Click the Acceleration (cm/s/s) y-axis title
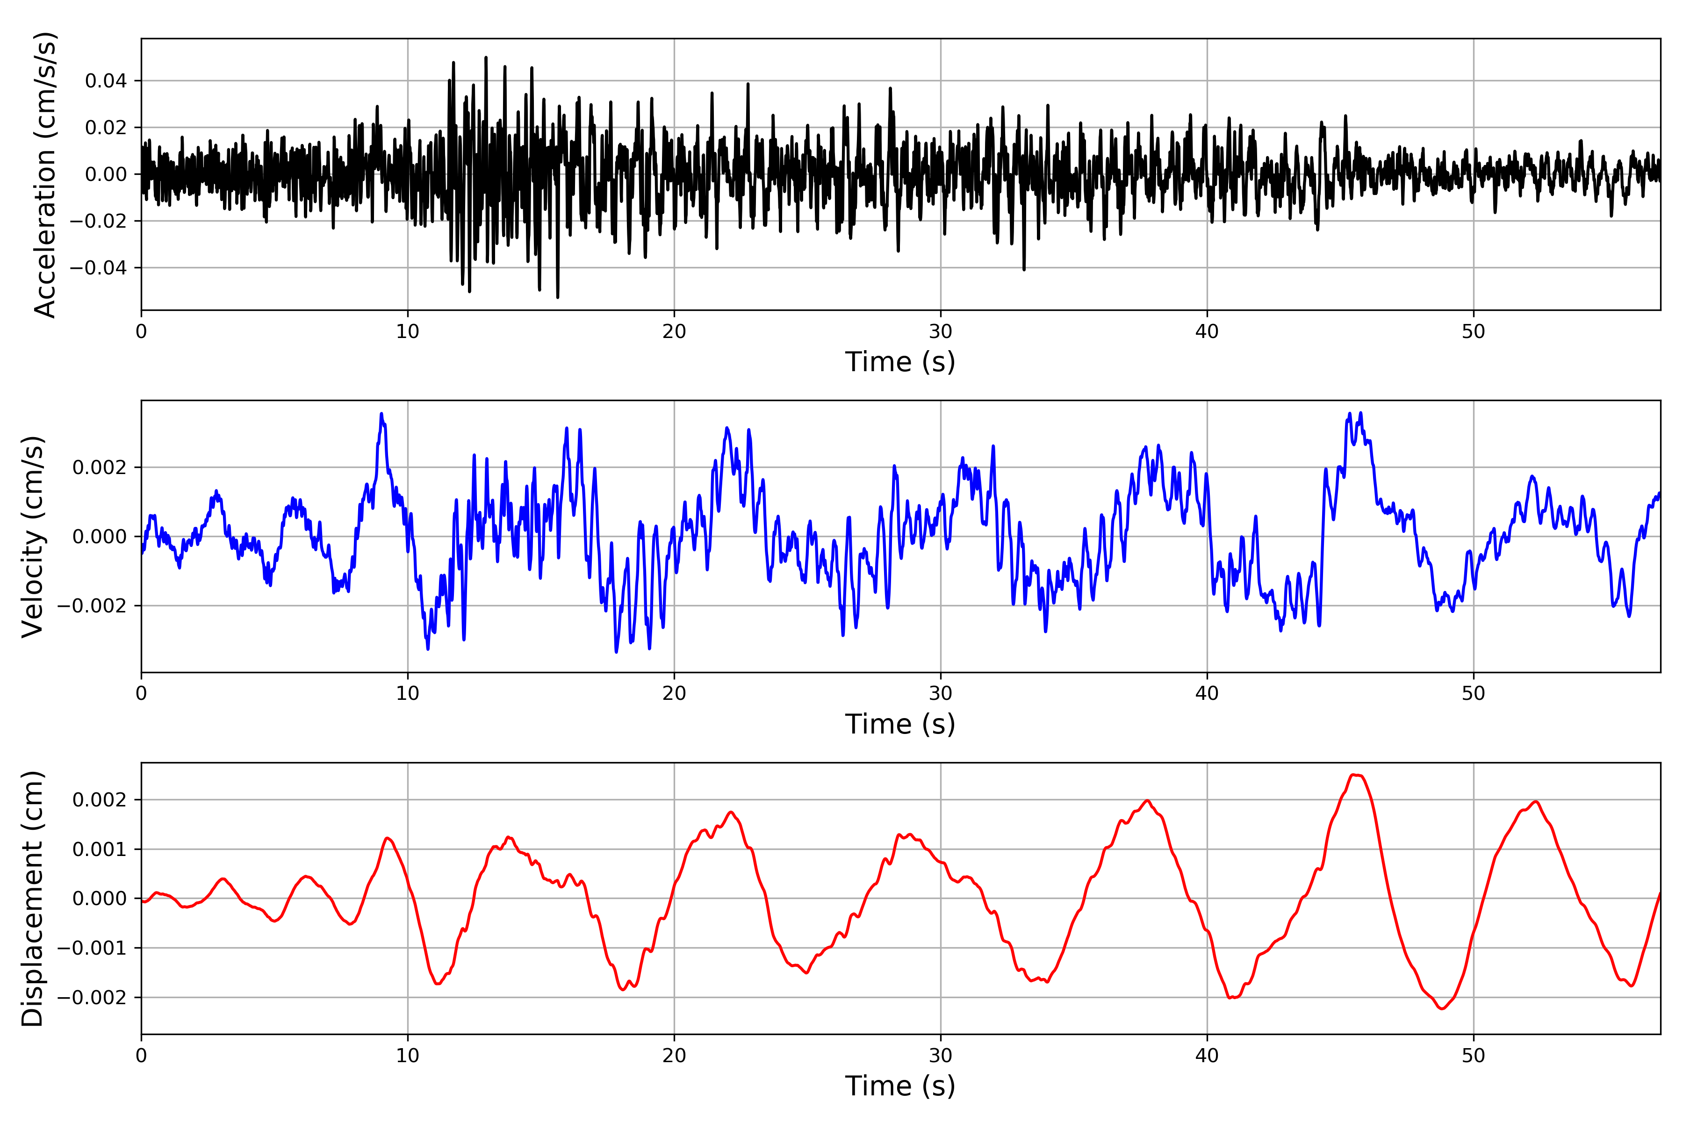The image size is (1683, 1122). [44, 174]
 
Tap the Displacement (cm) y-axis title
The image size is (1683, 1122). [32, 898]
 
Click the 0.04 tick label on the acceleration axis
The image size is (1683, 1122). [106, 81]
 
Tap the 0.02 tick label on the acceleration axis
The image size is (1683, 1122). [106, 127]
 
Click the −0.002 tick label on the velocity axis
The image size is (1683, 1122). [92, 606]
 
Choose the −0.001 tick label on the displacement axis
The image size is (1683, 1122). [92, 948]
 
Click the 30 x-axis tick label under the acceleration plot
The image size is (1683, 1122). [940, 331]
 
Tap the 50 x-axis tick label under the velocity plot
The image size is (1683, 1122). [1474, 693]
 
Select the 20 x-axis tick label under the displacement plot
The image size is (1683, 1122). [674, 1056]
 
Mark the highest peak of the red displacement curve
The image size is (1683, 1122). [1354, 775]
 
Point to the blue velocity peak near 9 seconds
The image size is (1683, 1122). [381, 414]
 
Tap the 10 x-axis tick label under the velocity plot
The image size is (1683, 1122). [408, 693]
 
